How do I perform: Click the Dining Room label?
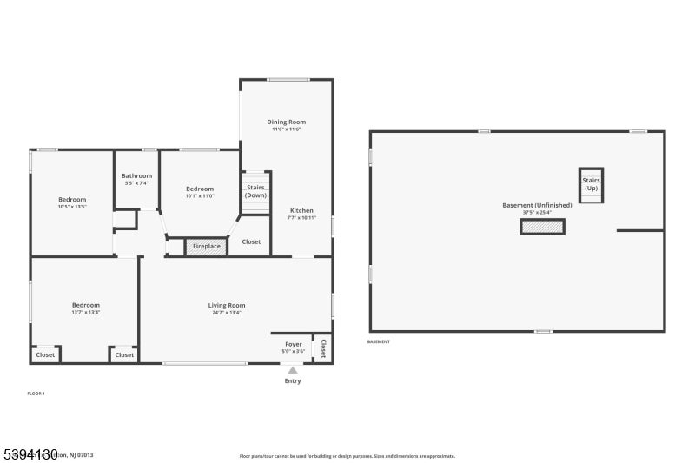pos(286,122)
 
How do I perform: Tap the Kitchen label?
pos(301,211)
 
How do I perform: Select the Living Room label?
pos(226,305)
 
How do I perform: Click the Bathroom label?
pos(136,176)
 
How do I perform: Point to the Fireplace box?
pos(206,247)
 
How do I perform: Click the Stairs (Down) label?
pos(255,191)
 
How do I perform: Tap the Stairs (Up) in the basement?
pos(591,184)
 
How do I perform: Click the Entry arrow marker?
pos(293,370)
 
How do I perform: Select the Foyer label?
pos(294,345)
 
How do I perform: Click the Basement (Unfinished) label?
pos(537,205)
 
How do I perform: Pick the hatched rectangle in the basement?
pos(542,227)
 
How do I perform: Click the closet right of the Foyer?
pos(322,347)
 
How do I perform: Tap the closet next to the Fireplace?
pos(251,242)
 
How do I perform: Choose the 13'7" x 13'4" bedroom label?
pos(85,305)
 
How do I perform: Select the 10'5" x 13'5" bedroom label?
pos(72,200)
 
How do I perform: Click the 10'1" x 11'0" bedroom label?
pos(199,189)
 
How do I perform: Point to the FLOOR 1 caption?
pos(36,394)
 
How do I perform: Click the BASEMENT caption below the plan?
pos(379,341)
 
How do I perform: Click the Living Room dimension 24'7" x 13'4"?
pos(226,313)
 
